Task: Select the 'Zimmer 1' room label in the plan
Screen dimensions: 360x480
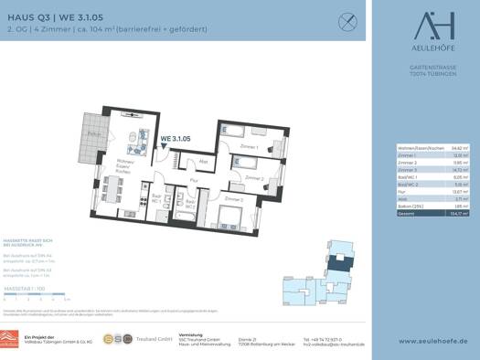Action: [249, 146]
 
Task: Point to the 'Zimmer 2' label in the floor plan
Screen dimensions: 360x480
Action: [253, 178]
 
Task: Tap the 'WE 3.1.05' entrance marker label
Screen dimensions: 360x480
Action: [176, 139]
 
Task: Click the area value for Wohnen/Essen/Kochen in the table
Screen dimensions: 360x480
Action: [457, 146]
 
